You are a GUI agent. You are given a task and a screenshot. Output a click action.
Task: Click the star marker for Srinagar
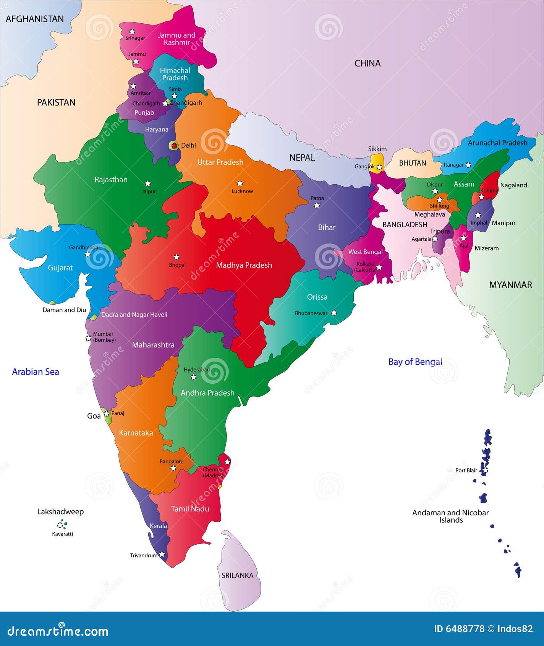click(132, 31)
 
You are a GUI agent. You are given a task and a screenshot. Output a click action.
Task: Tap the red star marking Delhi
click(174, 145)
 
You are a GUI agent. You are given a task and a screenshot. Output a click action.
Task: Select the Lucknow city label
click(242, 191)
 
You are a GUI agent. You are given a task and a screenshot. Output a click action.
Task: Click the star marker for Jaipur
click(148, 183)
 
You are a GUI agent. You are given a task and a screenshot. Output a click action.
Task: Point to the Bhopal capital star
click(176, 257)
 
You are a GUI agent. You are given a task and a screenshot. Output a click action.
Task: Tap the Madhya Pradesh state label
click(244, 265)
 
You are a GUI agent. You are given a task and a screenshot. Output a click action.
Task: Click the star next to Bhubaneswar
click(334, 313)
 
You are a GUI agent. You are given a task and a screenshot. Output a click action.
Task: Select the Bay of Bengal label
click(415, 362)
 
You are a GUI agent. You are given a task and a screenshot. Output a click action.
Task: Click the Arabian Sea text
click(36, 372)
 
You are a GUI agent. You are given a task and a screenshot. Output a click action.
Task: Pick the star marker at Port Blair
click(486, 470)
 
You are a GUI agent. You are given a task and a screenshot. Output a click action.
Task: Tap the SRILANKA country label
click(238, 575)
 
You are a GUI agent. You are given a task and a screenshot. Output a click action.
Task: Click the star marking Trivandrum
click(162, 554)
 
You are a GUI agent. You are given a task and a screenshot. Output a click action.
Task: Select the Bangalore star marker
click(173, 468)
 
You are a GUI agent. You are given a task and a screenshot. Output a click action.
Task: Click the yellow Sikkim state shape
click(377, 160)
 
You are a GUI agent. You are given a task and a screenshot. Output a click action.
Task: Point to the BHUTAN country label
click(413, 163)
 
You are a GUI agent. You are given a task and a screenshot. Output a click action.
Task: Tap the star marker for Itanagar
click(468, 165)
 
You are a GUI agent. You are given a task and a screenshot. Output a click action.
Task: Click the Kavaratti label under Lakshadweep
click(62, 534)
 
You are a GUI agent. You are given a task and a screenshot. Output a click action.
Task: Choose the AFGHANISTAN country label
click(35, 19)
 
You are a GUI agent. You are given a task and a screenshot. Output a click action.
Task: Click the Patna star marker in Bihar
click(317, 206)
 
